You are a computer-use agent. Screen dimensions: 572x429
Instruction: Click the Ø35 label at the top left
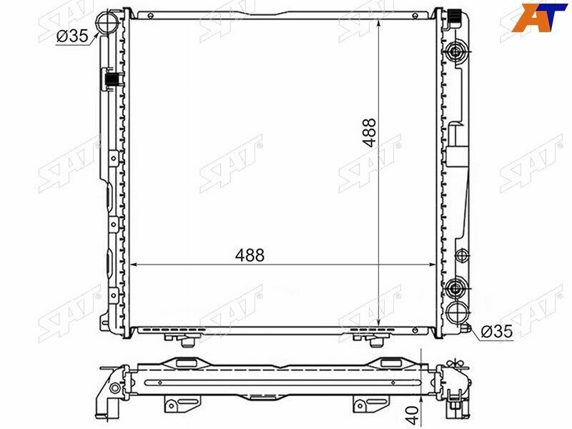coord(72,36)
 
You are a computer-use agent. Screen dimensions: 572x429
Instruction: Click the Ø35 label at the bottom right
coord(496,331)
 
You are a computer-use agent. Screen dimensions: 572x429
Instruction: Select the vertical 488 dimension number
coord(370,132)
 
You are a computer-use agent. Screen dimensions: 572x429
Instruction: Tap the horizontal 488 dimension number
coord(250,255)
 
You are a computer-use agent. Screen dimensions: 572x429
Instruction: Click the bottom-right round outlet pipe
coord(457,312)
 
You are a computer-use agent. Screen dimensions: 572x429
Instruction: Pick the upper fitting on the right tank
coord(456,53)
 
